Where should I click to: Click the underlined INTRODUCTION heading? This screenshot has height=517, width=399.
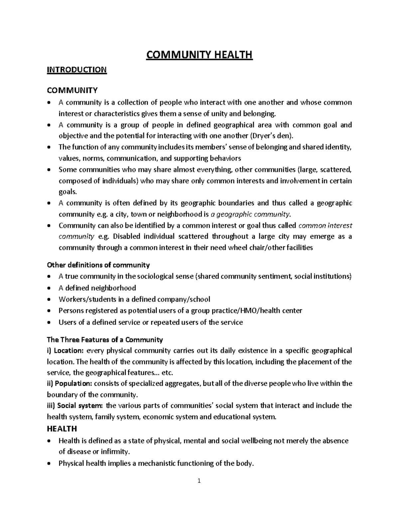point(76,70)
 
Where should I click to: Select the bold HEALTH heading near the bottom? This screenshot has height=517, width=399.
point(62,428)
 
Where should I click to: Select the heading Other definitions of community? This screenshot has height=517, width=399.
point(98,265)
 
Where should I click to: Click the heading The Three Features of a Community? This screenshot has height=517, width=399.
point(105,340)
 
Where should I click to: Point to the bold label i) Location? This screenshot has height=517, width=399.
point(66,351)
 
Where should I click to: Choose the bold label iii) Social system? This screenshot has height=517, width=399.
point(75,405)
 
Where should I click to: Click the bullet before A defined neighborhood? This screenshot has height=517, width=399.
point(49,288)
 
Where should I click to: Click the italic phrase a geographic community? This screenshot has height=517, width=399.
point(251,214)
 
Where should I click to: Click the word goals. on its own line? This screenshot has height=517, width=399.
point(68,192)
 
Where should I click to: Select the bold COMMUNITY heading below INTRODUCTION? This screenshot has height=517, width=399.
point(72,90)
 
